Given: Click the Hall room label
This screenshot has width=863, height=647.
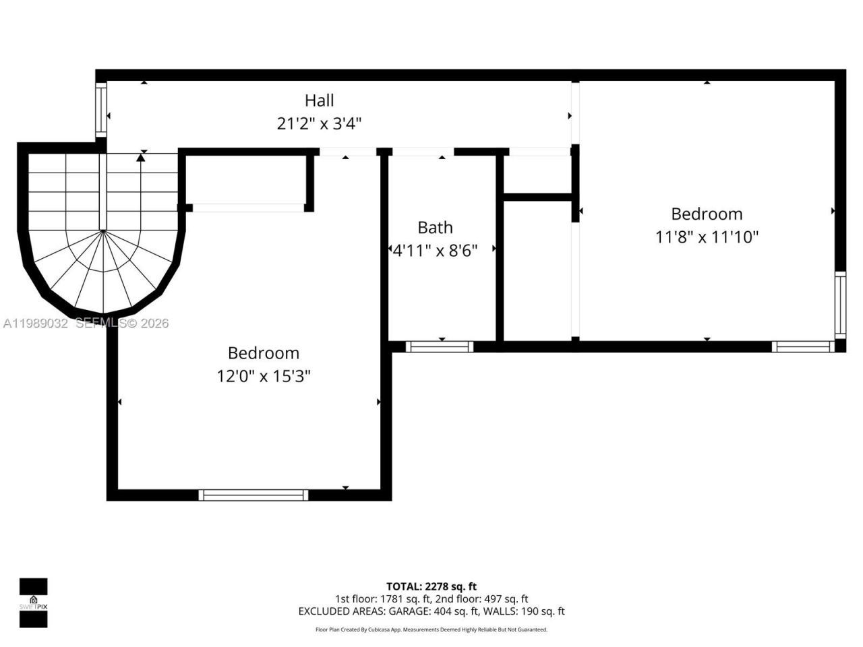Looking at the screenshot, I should click(x=319, y=100).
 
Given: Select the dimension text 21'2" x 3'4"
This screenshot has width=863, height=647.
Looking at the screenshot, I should click(x=319, y=124).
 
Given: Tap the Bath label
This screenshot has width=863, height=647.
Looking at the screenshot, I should click(x=435, y=227).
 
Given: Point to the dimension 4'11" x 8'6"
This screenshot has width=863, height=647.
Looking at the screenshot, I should click(x=436, y=251).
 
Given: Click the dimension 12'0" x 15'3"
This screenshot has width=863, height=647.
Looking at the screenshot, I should click(x=263, y=376).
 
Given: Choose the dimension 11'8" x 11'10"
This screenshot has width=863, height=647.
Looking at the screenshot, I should click(x=707, y=237).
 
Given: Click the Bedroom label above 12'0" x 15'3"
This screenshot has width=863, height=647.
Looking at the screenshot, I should click(x=263, y=353).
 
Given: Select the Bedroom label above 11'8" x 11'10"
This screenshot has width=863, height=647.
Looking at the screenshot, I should click(x=707, y=214).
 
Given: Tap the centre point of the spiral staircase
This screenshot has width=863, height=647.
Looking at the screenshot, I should click(x=102, y=231).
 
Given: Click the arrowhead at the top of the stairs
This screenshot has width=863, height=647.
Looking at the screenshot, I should click(x=140, y=157).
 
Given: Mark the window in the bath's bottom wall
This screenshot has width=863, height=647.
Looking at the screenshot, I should click(x=439, y=346).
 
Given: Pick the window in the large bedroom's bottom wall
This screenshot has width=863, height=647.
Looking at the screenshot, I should click(x=254, y=495).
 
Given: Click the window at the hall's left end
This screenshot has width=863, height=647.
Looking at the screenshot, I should click(x=101, y=110).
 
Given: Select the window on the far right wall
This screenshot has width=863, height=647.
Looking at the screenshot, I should click(x=840, y=305).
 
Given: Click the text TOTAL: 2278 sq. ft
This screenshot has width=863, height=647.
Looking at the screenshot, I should click(x=431, y=586).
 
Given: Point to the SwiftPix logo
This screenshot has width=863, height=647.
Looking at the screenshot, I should click(x=33, y=603).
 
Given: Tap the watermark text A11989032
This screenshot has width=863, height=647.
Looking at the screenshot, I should click(x=35, y=323).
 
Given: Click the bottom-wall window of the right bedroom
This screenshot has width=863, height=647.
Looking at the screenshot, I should click(x=803, y=346).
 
